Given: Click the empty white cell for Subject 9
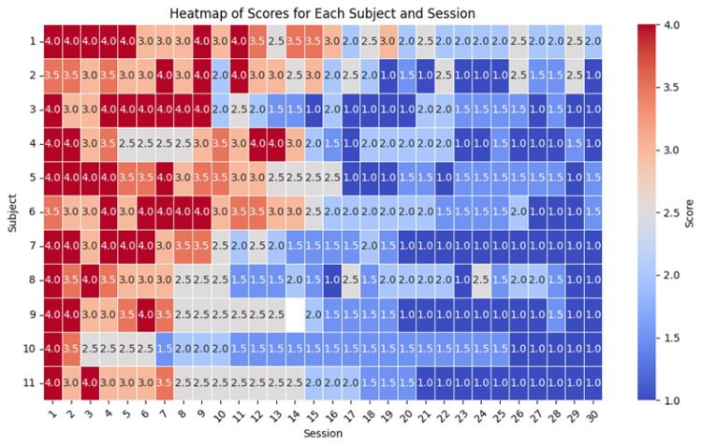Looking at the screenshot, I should click(295, 313).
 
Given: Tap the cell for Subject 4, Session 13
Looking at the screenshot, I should click(275, 143).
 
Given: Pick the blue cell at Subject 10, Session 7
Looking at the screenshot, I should click(165, 347).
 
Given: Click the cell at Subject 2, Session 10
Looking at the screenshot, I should click(219, 75).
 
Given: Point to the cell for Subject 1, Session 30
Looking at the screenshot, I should click(590, 41).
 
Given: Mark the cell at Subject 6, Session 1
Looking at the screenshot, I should click(52, 211).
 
